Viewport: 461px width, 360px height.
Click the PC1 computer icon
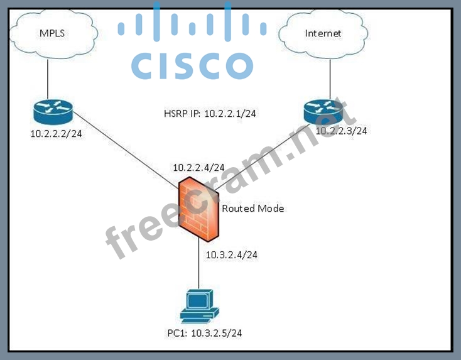(199, 305)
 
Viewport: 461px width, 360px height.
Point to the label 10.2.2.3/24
(341, 131)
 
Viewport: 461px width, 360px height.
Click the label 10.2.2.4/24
(198, 167)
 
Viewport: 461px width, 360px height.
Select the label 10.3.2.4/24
(232, 254)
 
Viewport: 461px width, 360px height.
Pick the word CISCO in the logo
(192, 65)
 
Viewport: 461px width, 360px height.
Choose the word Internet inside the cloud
(323, 33)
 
